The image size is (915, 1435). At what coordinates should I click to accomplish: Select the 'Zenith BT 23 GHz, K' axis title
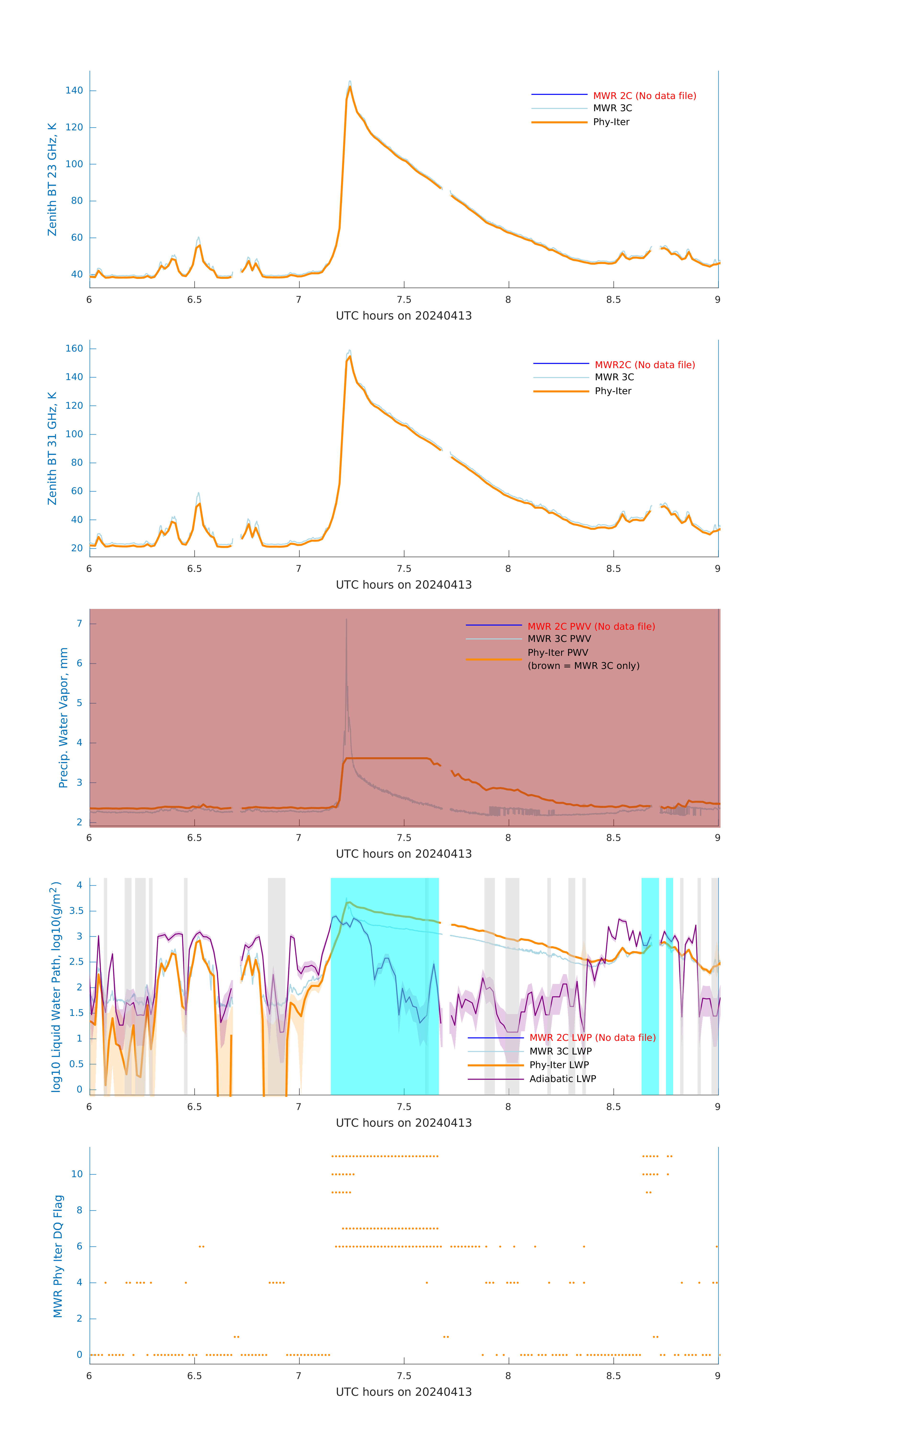click(x=52, y=179)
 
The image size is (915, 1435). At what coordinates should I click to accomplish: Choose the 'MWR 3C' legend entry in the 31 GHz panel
click(x=614, y=377)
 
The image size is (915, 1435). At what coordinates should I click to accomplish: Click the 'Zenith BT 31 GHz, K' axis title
click(x=52, y=448)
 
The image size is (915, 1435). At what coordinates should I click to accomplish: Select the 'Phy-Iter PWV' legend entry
click(x=557, y=652)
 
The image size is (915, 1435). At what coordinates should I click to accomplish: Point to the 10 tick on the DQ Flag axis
click(x=77, y=1174)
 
